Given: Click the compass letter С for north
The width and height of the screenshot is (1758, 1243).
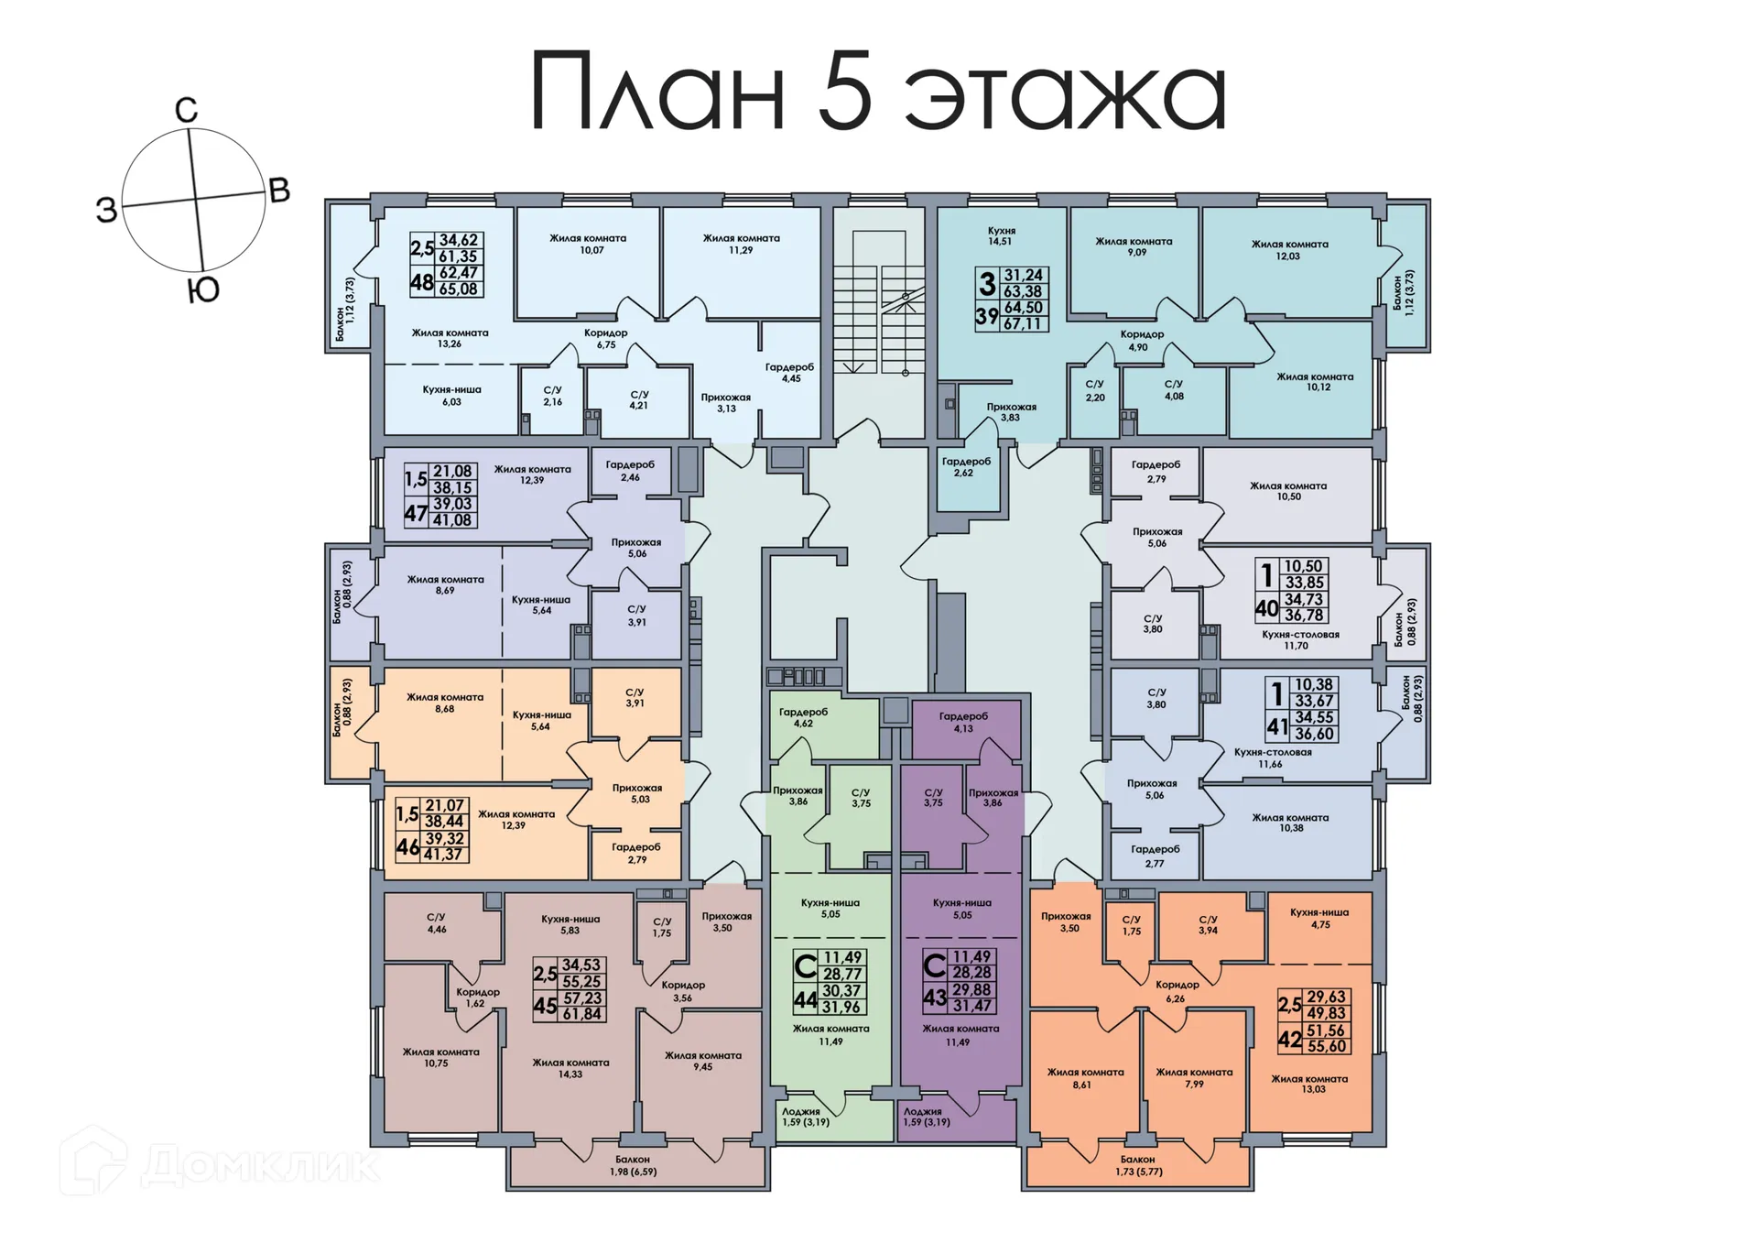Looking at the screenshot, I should click(186, 111).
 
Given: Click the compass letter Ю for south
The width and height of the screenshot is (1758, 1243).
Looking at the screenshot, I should click(202, 291).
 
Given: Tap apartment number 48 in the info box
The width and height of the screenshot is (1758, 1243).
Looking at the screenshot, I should click(421, 282).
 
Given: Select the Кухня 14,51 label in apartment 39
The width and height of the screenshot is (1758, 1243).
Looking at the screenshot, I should click(1001, 236).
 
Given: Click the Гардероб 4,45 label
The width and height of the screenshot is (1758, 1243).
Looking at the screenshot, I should click(789, 372).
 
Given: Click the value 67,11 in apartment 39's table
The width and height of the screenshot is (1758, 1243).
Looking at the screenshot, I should click(1023, 323).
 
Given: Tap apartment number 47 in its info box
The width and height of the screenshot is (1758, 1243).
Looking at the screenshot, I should click(416, 514).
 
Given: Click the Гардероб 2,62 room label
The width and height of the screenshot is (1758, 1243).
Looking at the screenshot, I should click(966, 466).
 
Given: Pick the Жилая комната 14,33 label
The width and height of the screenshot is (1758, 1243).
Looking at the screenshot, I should click(570, 1068).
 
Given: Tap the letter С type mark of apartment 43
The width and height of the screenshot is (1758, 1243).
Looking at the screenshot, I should click(934, 965).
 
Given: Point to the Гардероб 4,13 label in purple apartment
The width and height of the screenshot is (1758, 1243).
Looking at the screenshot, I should click(963, 722).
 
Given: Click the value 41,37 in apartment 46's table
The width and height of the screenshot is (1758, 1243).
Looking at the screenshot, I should click(443, 854).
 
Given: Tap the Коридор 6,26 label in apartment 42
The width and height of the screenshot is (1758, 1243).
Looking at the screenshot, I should click(1177, 991).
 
